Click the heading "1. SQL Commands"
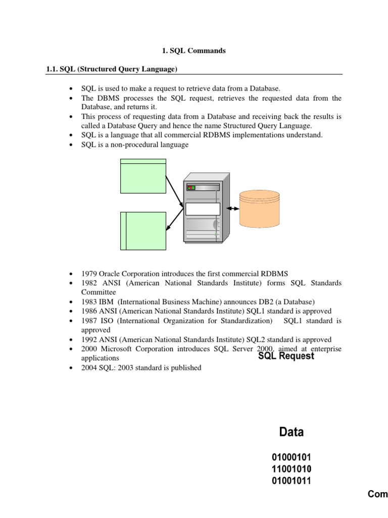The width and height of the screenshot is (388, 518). (x=193, y=51)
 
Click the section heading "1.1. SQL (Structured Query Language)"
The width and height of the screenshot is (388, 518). (x=111, y=68)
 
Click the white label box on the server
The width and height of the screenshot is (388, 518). (x=203, y=209)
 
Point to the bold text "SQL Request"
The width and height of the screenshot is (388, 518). (x=286, y=356)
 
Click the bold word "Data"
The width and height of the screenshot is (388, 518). (x=292, y=432)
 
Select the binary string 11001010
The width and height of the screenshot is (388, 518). (x=291, y=469)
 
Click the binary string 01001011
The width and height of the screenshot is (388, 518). (x=291, y=481)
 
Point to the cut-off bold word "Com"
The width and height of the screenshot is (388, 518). (x=377, y=494)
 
